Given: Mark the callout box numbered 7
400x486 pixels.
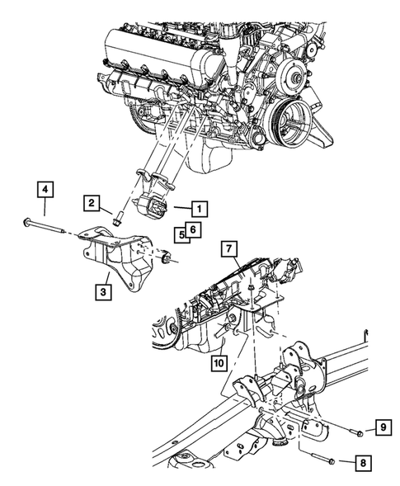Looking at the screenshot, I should click(230, 248).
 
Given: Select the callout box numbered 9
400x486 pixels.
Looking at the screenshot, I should click(383, 427).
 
